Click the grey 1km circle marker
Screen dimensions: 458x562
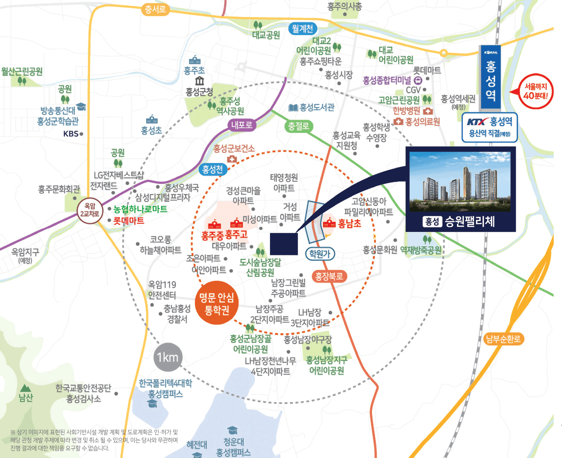coord(168,357)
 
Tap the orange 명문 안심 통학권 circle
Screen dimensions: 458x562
coord(216,303)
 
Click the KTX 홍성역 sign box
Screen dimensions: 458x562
coord(489,127)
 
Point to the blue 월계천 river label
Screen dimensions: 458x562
coord(302,29)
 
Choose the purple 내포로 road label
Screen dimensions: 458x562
coord(242,125)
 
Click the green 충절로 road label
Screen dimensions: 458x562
coord(298,126)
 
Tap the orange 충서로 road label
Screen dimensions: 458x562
coord(155,9)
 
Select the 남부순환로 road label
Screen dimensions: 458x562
coord(503,339)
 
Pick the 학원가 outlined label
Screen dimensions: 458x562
coord(319,253)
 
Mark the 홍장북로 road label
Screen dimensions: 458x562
coord(329,276)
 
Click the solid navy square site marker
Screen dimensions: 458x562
coord(284,244)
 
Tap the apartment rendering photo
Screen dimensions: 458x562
coord(460,181)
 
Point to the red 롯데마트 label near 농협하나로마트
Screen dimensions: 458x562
coord(128,221)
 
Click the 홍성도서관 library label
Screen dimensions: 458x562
coord(312,107)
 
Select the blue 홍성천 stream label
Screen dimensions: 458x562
coord(213,170)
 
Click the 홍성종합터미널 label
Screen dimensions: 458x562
coord(387,80)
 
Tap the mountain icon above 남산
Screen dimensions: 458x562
coord(25,388)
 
